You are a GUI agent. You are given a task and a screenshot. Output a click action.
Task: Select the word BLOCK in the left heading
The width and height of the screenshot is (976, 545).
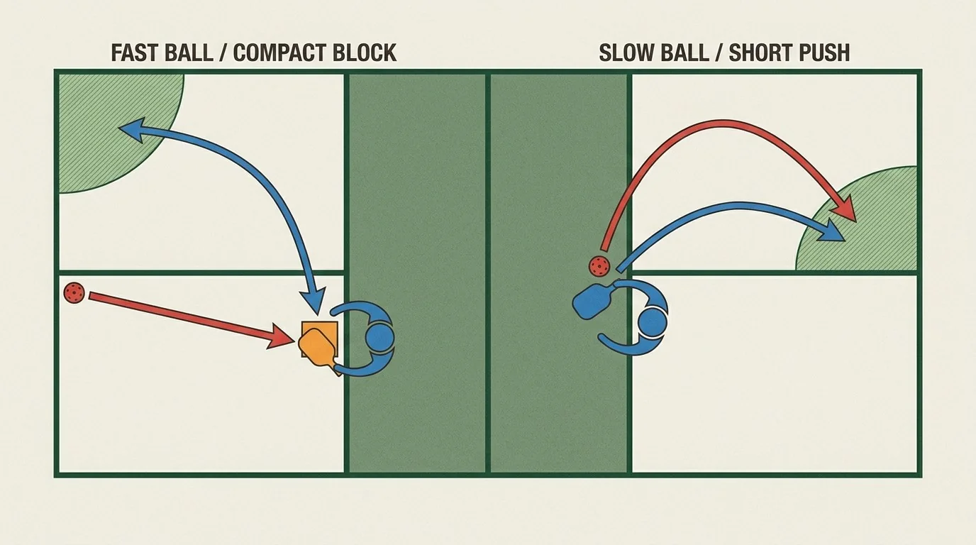pyautogui.click(x=365, y=53)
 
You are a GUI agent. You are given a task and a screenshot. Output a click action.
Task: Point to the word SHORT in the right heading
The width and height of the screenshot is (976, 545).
pyautogui.click(x=758, y=53)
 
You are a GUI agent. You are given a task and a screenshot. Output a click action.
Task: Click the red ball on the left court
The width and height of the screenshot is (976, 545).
pyautogui.click(x=74, y=292)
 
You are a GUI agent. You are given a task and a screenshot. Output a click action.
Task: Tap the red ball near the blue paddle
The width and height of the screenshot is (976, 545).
pyautogui.click(x=599, y=265)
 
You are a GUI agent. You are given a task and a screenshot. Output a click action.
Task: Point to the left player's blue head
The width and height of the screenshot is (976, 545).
pyautogui.click(x=380, y=337)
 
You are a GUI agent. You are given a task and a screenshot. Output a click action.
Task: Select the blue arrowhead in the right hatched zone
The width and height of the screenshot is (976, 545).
pyautogui.click(x=831, y=231)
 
